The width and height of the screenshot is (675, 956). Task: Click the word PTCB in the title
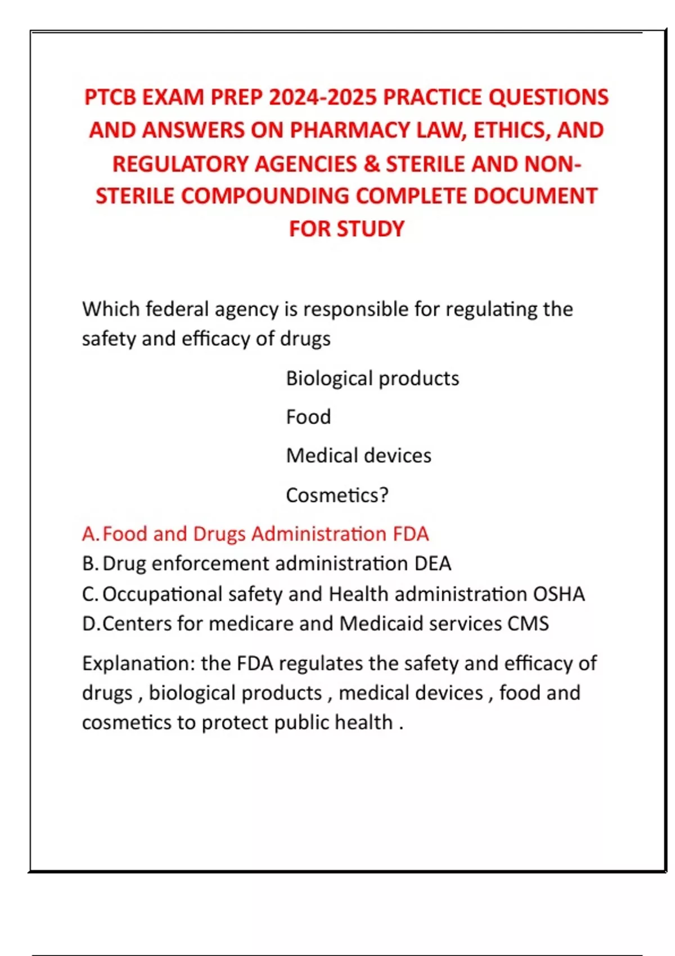[110, 98]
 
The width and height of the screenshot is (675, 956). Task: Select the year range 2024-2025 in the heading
[322, 98]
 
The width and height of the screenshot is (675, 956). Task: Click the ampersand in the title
[371, 164]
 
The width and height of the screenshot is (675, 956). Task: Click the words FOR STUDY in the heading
[346, 229]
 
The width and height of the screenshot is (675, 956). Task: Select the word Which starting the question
[111, 309]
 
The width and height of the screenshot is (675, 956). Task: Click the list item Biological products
[372, 378]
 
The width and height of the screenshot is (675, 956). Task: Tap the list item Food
[308, 417]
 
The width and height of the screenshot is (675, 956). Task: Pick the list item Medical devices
[358, 456]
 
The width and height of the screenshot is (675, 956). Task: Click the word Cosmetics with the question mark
[337, 495]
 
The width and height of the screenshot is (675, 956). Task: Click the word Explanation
[138, 664]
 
